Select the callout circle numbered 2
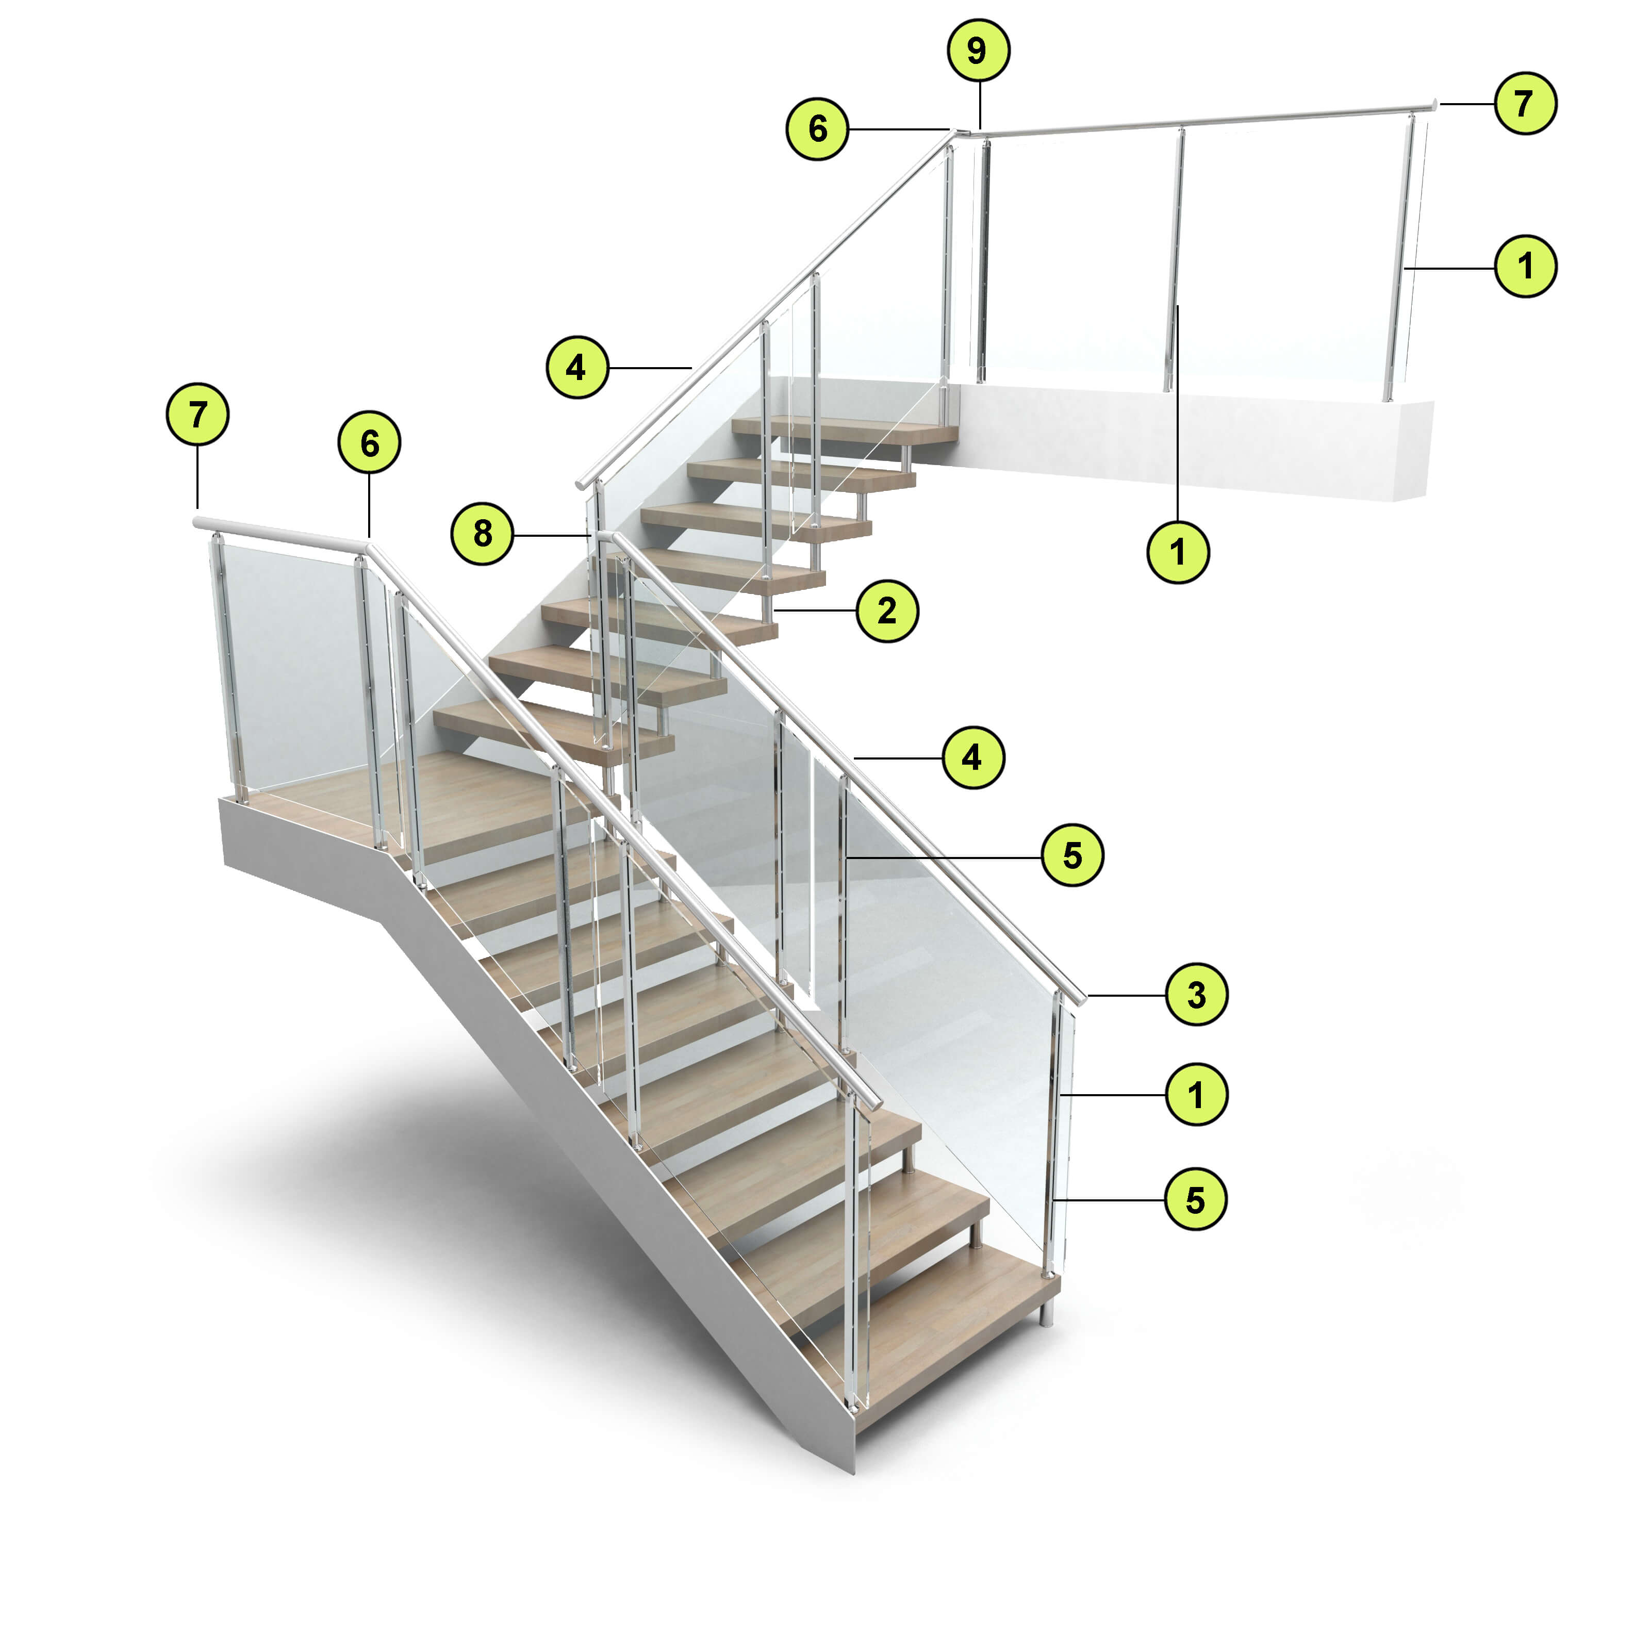(x=887, y=610)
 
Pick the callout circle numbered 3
(x=1196, y=994)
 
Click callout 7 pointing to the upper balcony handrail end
(x=1525, y=103)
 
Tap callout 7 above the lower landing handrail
(x=197, y=415)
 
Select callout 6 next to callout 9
(x=817, y=129)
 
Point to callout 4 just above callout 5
(x=973, y=757)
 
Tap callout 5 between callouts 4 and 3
(x=1072, y=855)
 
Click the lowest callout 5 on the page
(x=1196, y=1200)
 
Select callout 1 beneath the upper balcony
(x=1178, y=552)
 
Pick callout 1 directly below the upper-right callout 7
(x=1525, y=267)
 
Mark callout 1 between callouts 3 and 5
(x=1196, y=1094)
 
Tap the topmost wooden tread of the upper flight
(x=846, y=430)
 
